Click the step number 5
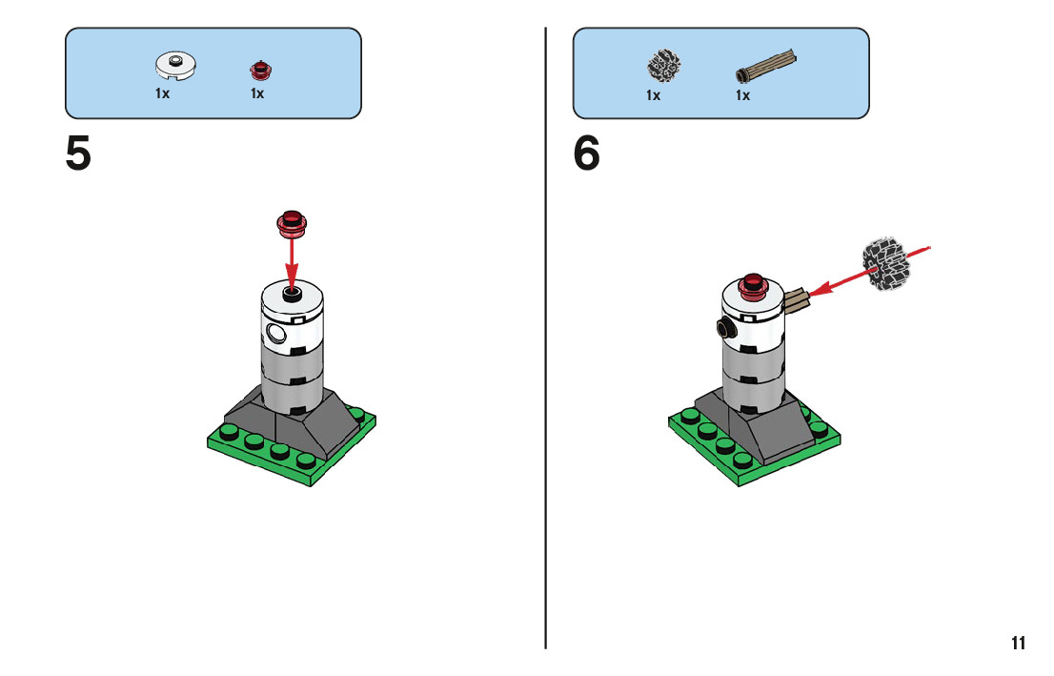78,154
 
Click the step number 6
587,154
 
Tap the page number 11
1018,643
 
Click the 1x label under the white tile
162,94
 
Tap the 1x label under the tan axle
742,95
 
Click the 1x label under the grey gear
653,95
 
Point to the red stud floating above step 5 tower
293,222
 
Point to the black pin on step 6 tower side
726,330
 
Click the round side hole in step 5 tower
276,333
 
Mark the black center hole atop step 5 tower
293,292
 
